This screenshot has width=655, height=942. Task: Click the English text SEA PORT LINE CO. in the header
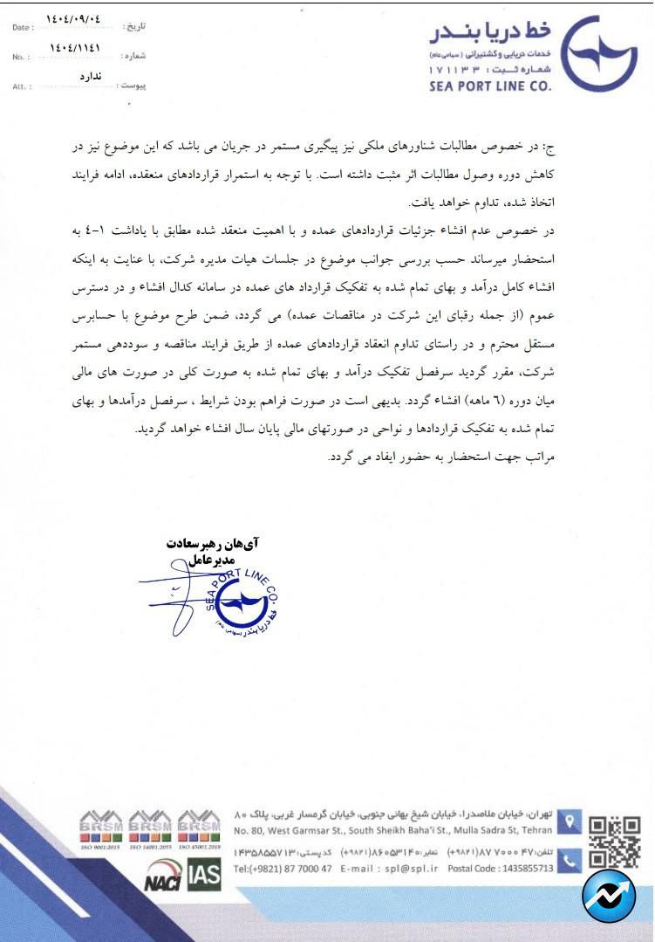click(x=490, y=86)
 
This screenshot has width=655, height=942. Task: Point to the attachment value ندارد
click(x=91, y=77)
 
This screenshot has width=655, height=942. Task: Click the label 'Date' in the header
click(x=23, y=28)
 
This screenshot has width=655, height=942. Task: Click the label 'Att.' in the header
click(x=20, y=87)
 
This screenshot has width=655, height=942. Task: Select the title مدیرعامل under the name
click(x=214, y=560)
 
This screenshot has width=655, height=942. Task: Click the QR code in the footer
click(x=614, y=840)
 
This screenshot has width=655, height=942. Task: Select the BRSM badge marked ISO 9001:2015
click(x=101, y=829)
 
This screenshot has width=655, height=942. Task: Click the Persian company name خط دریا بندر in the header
click(x=490, y=34)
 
